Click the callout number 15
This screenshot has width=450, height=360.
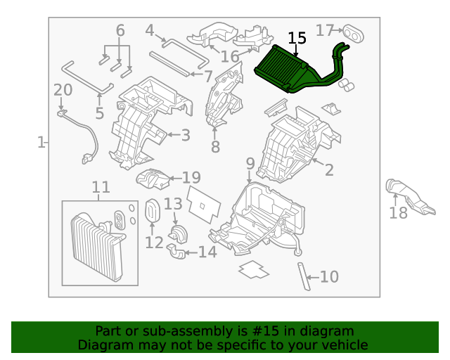point(297,39)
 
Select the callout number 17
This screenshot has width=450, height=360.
point(324,30)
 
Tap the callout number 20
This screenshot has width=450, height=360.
point(63,90)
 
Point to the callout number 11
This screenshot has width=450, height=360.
point(101,187)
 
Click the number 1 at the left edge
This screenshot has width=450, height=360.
point(41,143)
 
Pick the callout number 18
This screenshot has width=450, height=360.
point(399,213)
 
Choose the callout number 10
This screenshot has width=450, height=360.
point(329,277)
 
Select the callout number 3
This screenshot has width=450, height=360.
point(185,134)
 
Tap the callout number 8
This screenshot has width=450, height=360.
point(215,147)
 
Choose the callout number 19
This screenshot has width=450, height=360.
point(192,178)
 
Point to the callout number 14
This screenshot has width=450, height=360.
point(207,252)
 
